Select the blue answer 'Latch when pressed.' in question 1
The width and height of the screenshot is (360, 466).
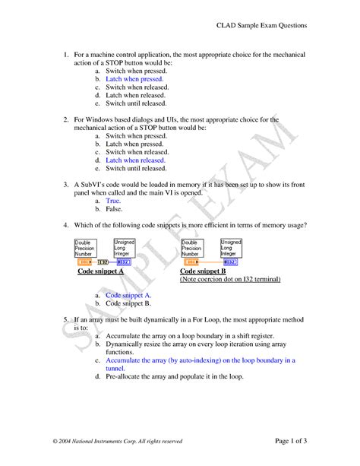(134, 78)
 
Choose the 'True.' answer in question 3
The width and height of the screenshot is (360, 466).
(113, 201)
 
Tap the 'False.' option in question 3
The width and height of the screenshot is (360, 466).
(114, 209)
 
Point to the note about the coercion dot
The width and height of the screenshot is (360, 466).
(229, 280)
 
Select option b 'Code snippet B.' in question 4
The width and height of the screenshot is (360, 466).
(128, 303)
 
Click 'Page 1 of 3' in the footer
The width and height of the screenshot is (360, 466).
(286, 441)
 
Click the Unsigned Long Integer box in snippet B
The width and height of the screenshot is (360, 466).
(232, 247)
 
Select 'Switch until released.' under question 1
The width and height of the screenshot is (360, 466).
(136, 103)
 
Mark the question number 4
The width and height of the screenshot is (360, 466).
(67, 225)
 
